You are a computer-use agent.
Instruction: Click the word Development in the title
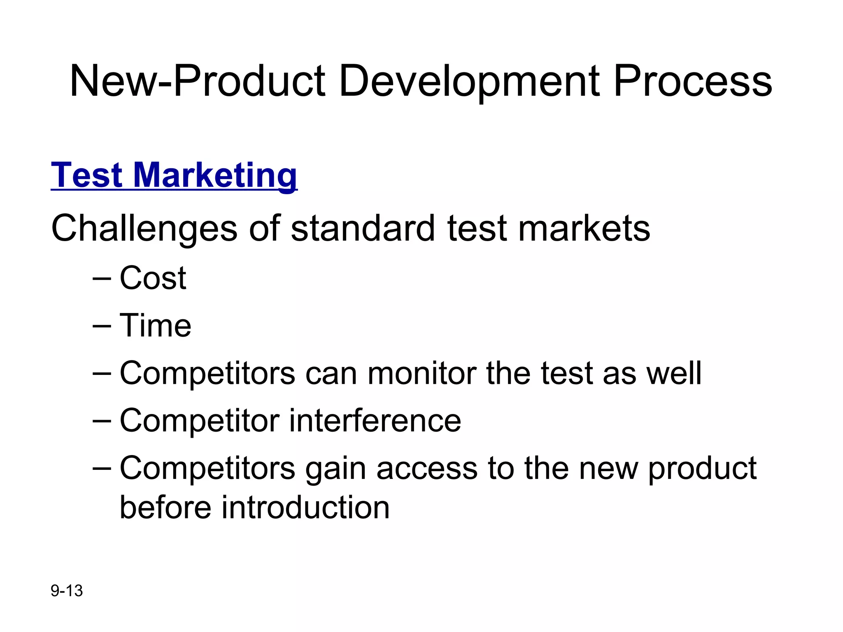tap(470, 81)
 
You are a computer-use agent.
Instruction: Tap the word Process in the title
tap(692, 81)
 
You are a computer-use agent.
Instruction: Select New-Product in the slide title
tap(198, 81)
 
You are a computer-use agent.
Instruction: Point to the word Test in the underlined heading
tap(86, 175)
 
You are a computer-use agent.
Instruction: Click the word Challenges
tap(144, 229)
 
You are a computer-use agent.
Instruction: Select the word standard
tap(363, 229)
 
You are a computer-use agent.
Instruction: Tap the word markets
tap(584, 229)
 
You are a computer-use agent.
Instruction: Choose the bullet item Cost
tap(153, 278)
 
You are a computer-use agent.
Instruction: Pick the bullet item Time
tap(155, 325)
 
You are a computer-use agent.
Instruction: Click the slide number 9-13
tap(67, 591)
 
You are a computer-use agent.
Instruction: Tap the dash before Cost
tap(102, 279)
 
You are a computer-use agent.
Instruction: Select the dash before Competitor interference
tap(102, 421)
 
